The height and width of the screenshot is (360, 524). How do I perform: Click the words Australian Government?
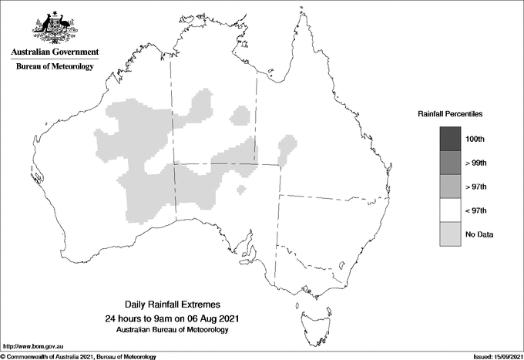point(55,52)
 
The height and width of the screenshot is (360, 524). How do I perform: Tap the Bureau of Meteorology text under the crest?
point(55,67)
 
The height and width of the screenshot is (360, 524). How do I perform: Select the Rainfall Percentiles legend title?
point(450,113)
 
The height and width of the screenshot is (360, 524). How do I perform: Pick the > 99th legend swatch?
point(450,162)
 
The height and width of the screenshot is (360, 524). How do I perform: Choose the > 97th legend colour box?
point(450,186)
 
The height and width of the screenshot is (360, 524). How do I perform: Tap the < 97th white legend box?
point(450,210)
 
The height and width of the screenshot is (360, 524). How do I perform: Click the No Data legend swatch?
point(450,234)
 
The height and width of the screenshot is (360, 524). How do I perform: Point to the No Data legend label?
point(479,234)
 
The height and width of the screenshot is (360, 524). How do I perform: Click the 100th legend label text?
point(475,139)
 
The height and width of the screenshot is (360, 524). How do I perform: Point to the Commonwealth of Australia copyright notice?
point(78,356)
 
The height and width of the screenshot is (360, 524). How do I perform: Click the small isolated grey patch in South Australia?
point(242,189)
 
